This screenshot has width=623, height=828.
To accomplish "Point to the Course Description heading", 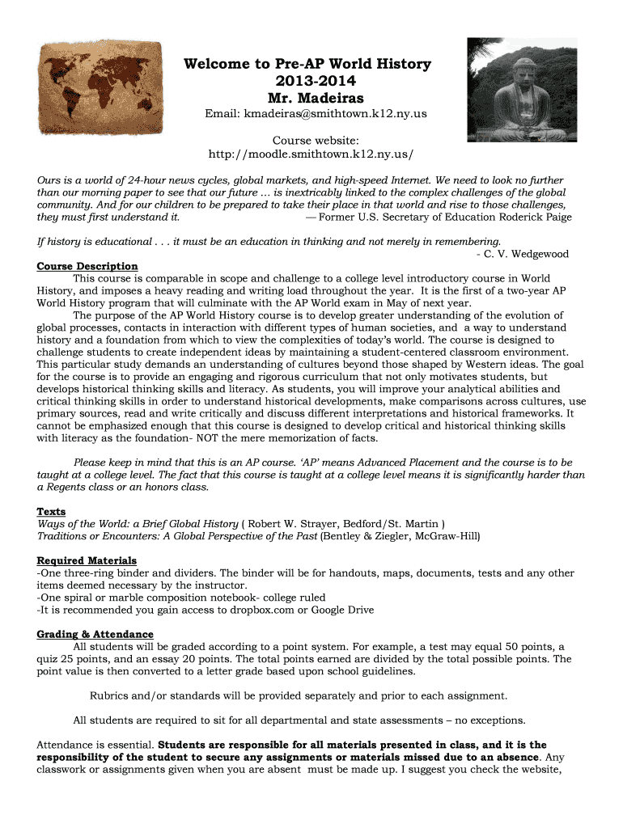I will [x=87, y=266].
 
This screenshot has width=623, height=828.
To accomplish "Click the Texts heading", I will [x=51, y=512].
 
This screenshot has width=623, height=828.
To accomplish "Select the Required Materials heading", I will [x=87, y=560].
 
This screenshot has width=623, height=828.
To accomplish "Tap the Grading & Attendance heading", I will [x=95, y=634].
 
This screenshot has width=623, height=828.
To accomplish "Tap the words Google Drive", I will [x=340, y=610].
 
